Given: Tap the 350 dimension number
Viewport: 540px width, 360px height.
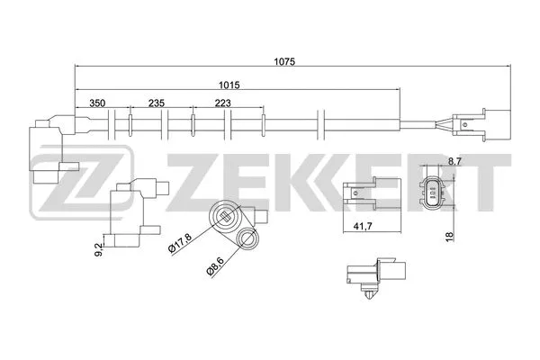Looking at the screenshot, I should point(100,103).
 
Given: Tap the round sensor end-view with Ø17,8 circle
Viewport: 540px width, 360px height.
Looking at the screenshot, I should point(226,217).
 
